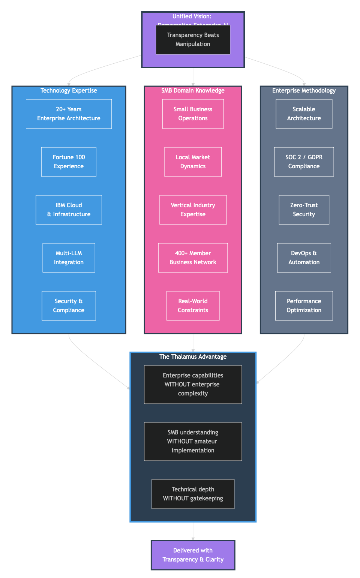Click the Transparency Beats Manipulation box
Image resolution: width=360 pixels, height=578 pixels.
coord(193,40)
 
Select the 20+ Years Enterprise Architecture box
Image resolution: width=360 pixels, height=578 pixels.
coord(69,114)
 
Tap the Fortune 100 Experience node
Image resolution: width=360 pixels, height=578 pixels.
coord(69,162)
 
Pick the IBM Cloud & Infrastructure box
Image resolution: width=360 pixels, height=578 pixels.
coord(69,210)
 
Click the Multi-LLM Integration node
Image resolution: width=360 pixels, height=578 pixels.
coord(69,258)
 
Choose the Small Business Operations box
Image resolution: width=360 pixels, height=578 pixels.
coord(193,114)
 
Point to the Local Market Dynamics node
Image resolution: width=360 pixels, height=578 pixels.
coord(193,162)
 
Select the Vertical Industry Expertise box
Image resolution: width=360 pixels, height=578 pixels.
coord(193,210)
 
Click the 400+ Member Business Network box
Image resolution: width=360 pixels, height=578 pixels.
coord(193,258)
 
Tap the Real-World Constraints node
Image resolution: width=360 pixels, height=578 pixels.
coord(193,306)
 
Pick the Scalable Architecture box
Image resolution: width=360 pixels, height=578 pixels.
coord(304,114)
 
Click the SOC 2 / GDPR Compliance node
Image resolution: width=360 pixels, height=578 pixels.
coord(304,162)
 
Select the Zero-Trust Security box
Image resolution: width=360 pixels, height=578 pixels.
coord(304,210)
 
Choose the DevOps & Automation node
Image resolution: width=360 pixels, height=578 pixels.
coord(304,258)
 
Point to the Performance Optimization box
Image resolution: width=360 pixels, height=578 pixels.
coord(304,306)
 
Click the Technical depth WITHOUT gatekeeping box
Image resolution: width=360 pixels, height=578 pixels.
coord(193,494)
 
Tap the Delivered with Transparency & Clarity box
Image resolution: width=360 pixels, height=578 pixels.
coord(193,555)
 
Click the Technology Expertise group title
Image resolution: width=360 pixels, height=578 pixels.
coord(69,91)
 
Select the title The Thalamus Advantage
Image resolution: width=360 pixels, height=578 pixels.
coord(193,357)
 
